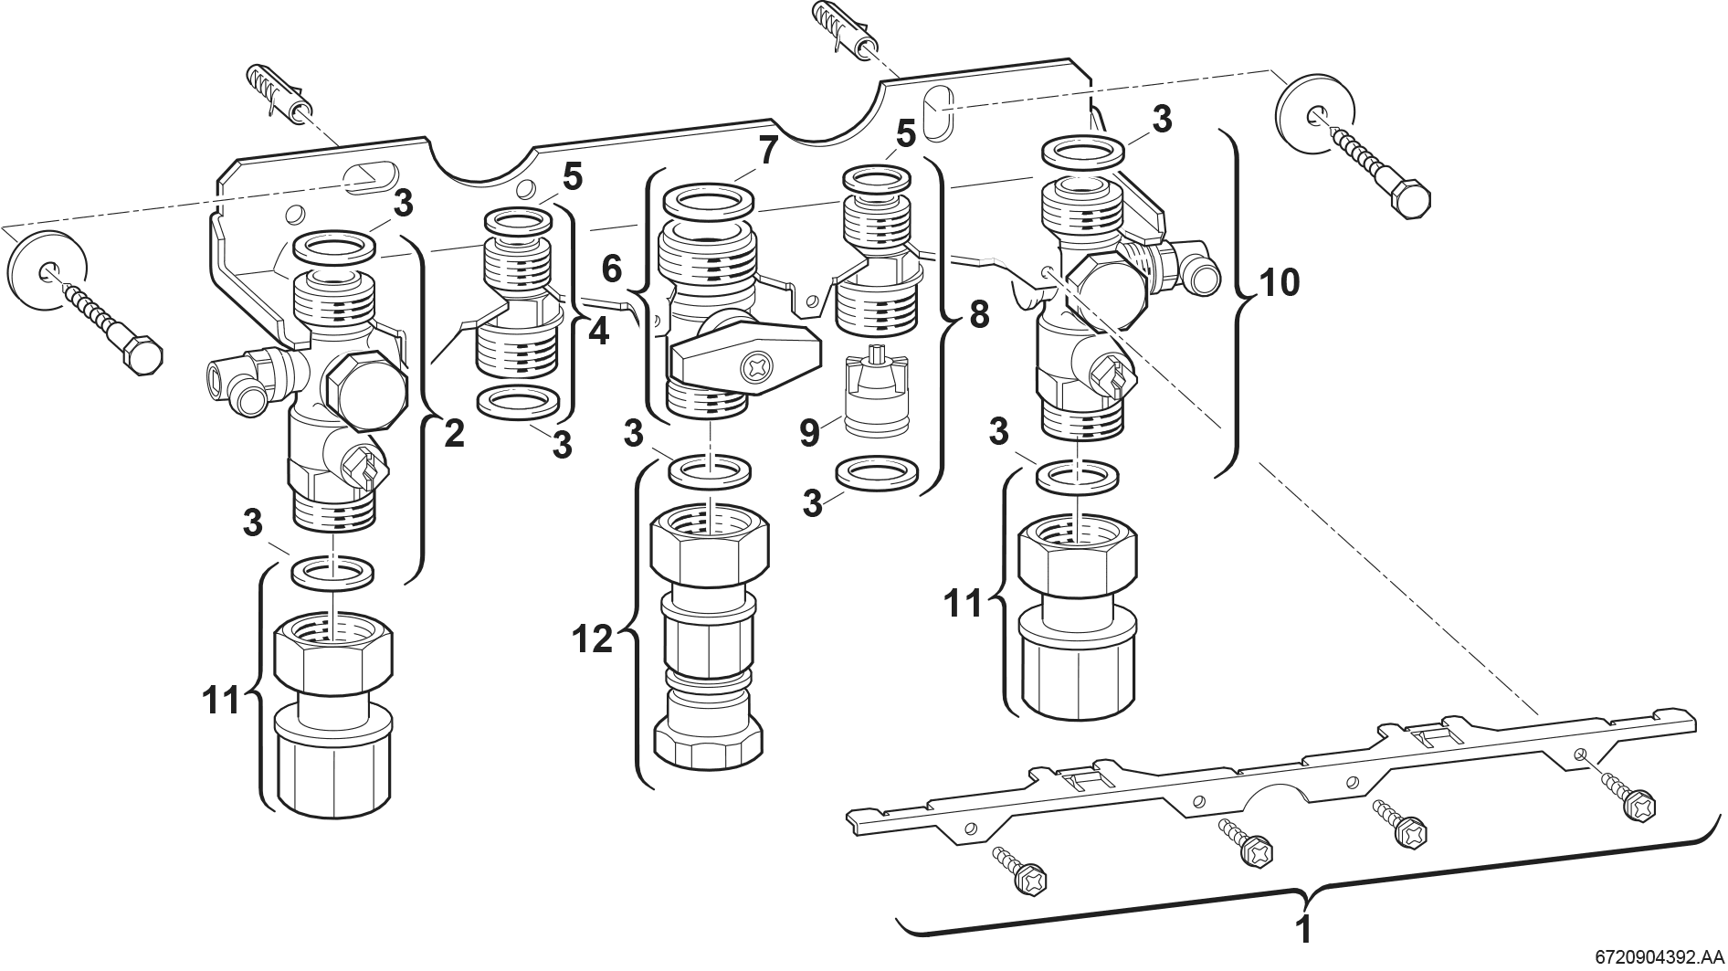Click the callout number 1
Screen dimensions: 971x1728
(x=1304, y=930)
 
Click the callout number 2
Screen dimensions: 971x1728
(x=453, y=432)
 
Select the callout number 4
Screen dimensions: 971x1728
(x=598, y=332)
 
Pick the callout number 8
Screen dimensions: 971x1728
(x=977, y=314)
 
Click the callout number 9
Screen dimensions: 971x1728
(x=809, y=432)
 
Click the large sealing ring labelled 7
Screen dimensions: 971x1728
(x=709, y=201)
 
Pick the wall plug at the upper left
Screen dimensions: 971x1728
(x=279, y=95)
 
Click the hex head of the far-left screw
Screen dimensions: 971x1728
(x=143, y=354)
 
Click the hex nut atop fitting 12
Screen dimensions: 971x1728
(x=711, y=545)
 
